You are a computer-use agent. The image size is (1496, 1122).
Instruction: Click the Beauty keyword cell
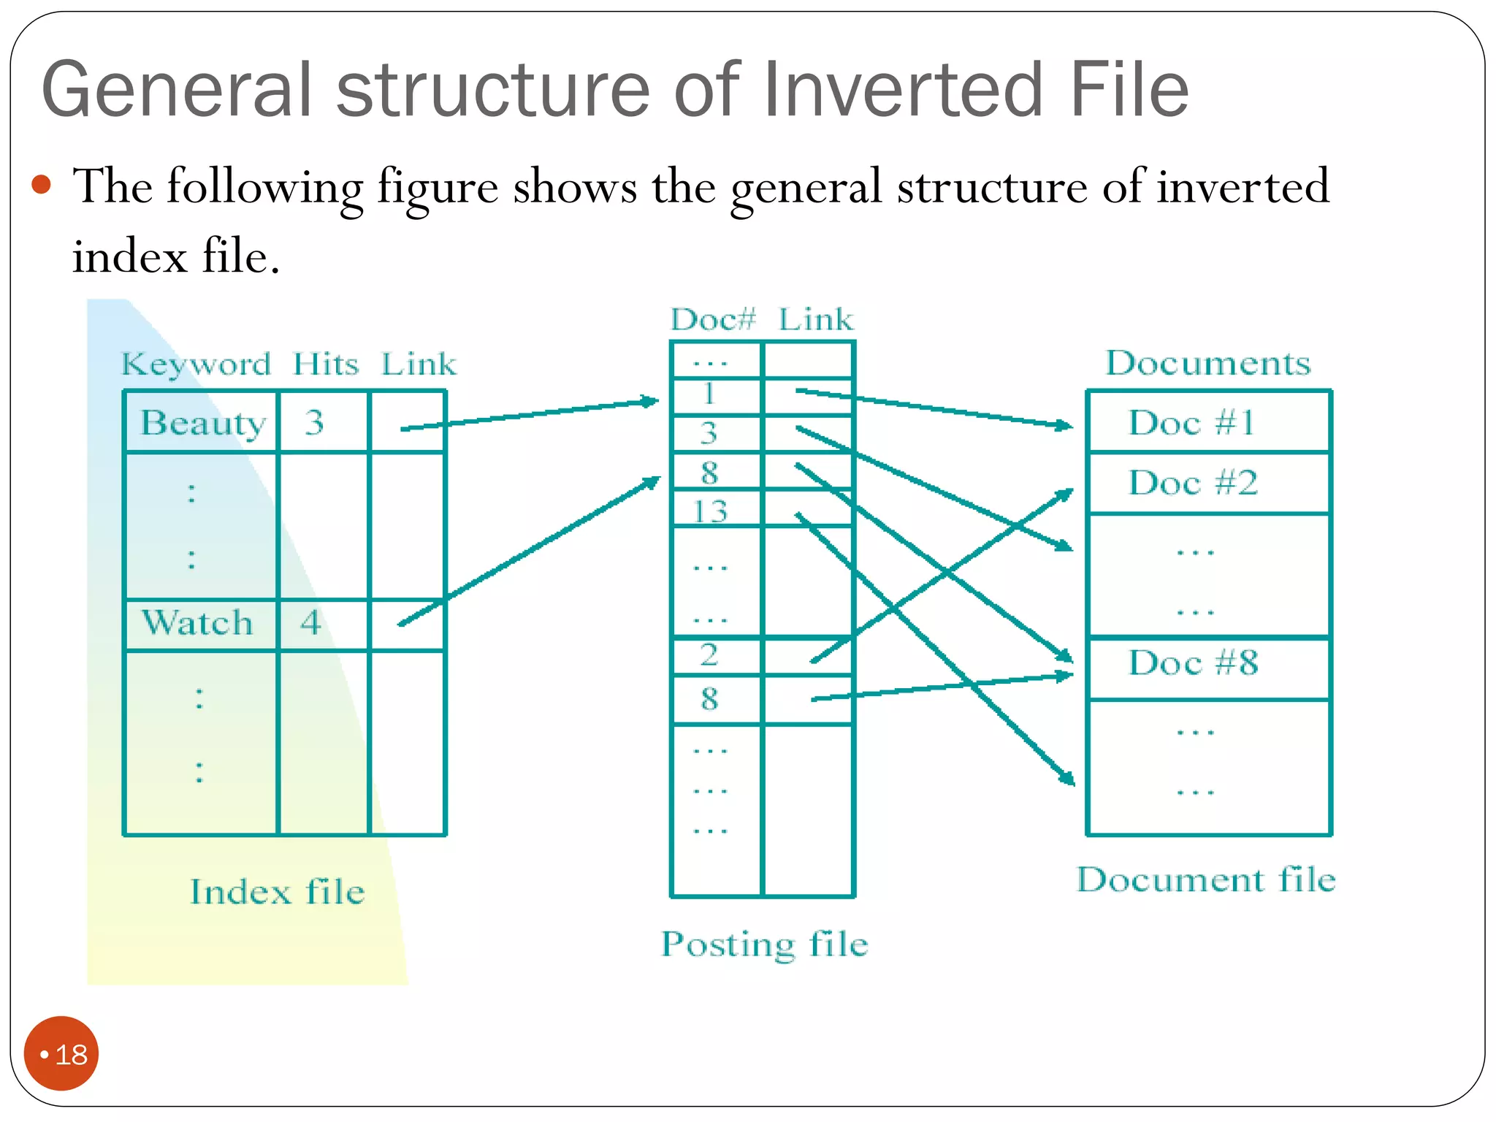(202, 422)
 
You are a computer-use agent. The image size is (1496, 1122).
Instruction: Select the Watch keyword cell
(197, 623)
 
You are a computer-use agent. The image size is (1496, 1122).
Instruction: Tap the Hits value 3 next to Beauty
(315, 422)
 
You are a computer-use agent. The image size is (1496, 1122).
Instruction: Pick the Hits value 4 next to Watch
(311, 623)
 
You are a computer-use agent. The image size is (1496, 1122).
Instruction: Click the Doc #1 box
(1192, 422)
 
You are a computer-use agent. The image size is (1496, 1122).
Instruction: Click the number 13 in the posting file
(710, 511)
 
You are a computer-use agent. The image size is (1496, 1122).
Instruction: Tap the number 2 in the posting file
(709, 654)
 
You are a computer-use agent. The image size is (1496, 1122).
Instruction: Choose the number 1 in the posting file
(709, 394)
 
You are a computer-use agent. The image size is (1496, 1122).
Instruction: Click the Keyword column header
(196, 363)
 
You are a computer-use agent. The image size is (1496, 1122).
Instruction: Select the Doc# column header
(713, 319)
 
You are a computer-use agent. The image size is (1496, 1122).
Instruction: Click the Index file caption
(278, 892)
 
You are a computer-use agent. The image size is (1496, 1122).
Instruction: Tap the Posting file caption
(764, 944)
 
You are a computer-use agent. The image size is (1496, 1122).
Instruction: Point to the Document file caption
(1206, 879)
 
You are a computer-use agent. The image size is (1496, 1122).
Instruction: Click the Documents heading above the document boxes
(1208, 363)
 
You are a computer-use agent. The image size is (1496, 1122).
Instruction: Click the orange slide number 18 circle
(61, 1053)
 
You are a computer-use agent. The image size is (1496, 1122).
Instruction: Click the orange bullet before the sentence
(42, 184)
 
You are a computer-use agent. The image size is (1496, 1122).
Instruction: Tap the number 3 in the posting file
(709, 433)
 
